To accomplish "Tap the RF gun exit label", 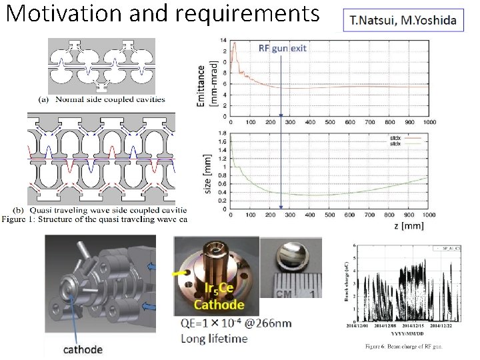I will click(x=282, y=48).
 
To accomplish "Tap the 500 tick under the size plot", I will click(x=329, y=215).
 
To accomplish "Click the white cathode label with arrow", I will click(x=83, y=349).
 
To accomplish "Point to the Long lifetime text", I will click(x=214, y=338).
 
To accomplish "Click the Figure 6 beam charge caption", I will click(x=404, y=346).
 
